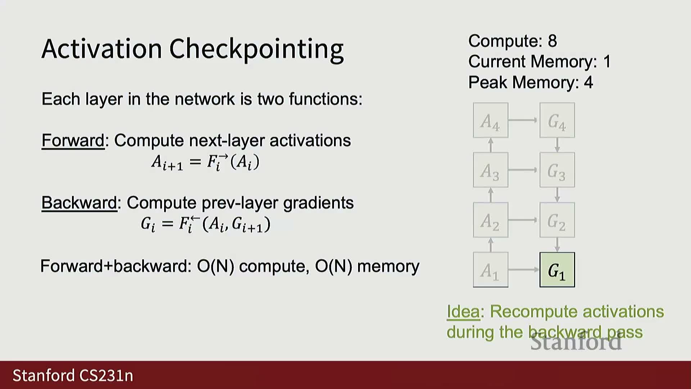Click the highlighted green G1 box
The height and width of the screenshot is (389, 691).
(x=557, y=270)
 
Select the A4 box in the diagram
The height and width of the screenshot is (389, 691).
(x=491, y=120)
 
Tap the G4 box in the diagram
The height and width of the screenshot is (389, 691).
(x=557, y=120)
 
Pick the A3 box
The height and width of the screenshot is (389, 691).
(x=491, y=170)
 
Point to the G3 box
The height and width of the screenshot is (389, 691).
(x=557, y=170)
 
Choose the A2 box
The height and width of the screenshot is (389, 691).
(x=491, y=220)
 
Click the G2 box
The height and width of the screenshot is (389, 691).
(x=557, y=220)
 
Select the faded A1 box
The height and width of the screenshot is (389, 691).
(x=491, y=270)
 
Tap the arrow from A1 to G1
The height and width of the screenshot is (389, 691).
(x=524, y=269)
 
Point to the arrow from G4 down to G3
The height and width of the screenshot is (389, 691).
(x=557, y=145)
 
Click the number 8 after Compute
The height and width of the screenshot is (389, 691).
(x=552, y=41)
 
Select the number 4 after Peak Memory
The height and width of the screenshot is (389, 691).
(x=588, y=82)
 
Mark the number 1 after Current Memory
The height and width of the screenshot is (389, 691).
(x=607, y=62)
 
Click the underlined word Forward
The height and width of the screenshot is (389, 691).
(x=73, y=140)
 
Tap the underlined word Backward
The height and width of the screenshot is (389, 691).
(x=79, y=203)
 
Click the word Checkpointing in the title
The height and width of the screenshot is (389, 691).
(x=256, y=49)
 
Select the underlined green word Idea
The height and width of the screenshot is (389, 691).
(x=463, y=312)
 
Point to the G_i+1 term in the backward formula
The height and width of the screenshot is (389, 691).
(x=248, y=225)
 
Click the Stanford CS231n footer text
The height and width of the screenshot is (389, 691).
(x=73, y=375)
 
